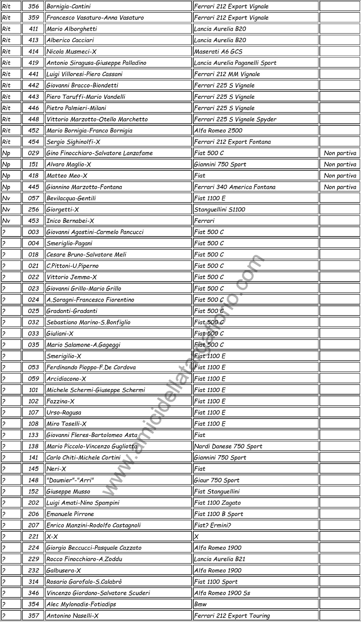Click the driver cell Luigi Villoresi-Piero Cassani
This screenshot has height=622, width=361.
click(x=84, y=74)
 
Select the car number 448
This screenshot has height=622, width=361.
click(x=33, y=119)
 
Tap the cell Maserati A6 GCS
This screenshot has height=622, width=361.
click(x=218, y=52)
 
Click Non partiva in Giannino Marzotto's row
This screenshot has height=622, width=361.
click(x=340, y=187)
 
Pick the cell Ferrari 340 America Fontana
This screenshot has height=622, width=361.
click(x=235, y=187)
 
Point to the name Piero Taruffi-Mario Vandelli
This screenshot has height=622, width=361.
click(x=86, y=97)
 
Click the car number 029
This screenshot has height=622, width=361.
click(x=33, y=153)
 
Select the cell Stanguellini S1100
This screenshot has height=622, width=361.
click(x=220, y=210)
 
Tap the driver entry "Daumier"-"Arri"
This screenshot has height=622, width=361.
click(x=70, y=480)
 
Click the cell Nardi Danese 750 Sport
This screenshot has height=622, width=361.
click(x=228, y=446)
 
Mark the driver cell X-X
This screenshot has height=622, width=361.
click(x=52, y=536)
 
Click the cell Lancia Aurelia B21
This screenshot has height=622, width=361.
click(x=220, y=559)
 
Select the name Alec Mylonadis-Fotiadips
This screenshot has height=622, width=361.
click(x=81, y=604)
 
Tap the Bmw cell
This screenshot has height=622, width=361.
click(x=200, y=604)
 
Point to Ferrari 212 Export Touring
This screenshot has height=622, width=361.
click(x=232, y=616)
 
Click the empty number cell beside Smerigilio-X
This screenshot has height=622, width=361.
click(x=33, y=356)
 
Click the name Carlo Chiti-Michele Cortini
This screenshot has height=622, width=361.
click(x=83, y=458)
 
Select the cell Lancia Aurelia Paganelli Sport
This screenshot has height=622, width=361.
click(x=235, y=63)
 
